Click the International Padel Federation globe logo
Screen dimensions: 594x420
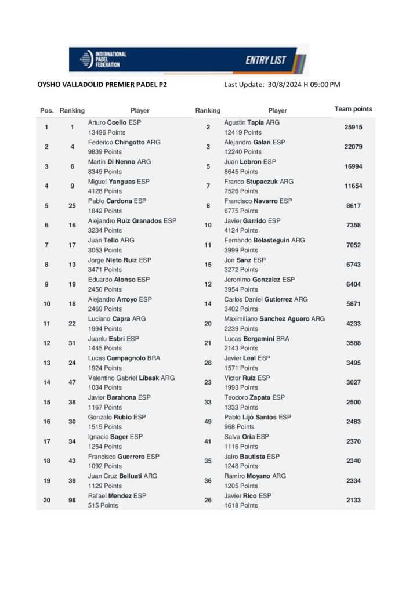point(86,59)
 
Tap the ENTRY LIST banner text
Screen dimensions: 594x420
point(265,60)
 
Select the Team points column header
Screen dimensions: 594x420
point(353,109)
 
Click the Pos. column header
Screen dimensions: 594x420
point(47,110)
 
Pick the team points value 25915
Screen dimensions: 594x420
point(353,127)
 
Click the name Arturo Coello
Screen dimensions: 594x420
point(107,122)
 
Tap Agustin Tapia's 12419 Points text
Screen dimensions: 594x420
point(242,132)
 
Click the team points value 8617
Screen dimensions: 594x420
point(353,205)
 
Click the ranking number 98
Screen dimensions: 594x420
point(72,500)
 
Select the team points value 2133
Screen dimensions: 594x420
point(353,500)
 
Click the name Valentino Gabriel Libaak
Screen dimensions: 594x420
point(124,378)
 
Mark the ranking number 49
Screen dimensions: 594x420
point(208,422)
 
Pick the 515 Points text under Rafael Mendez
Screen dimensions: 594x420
point(103,505)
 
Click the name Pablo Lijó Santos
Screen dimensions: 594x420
point(250,417)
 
